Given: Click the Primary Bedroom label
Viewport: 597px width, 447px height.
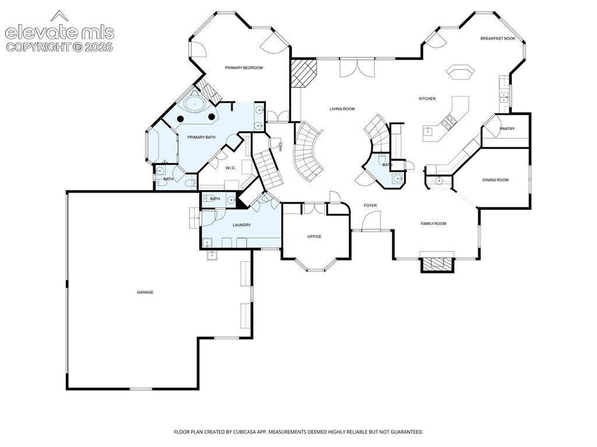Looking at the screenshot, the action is [x=244, y=68].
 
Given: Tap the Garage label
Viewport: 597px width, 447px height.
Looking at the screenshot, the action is [x=145, y=293].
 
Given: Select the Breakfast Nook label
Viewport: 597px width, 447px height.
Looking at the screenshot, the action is [x=498, y=38].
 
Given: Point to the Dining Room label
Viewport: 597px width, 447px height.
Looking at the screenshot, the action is [x=496, y=180].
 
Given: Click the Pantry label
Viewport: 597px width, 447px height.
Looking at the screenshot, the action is [x=507, y=129].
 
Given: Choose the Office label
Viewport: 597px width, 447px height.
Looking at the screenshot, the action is [x=314, y=237].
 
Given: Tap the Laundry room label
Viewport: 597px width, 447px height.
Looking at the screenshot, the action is [x=242, y=225].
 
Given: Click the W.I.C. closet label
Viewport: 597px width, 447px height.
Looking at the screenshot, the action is [x=231, y=168].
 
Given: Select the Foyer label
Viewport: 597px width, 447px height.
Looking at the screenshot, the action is [x=370, y=206].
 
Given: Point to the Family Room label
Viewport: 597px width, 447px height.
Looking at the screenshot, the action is [x=433, y=224].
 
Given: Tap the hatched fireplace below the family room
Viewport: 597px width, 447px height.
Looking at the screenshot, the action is [x=437, y=264].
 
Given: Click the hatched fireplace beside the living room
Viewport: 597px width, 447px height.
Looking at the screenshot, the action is [x=303, y=72].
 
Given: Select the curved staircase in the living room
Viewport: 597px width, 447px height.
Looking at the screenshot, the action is [x=309, y=151].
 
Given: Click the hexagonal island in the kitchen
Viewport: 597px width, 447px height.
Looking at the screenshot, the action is [x=461, y=72].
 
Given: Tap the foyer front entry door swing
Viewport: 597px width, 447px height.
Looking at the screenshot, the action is [x=371, y=221].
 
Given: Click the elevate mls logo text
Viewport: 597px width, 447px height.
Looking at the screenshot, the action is [x=59, y=32].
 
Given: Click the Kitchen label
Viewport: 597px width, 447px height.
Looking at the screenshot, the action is [x=427, y=98].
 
